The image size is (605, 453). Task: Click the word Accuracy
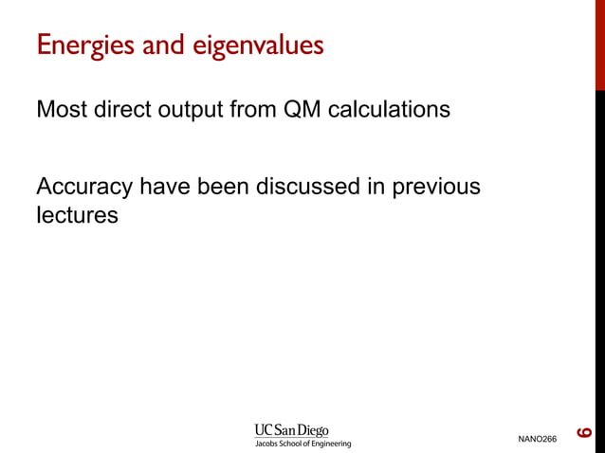tap(84, 187)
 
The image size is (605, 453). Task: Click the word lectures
tap(77, 215)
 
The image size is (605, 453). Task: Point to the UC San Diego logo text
tap(291, 430)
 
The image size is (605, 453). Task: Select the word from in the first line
tap(255, 110)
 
